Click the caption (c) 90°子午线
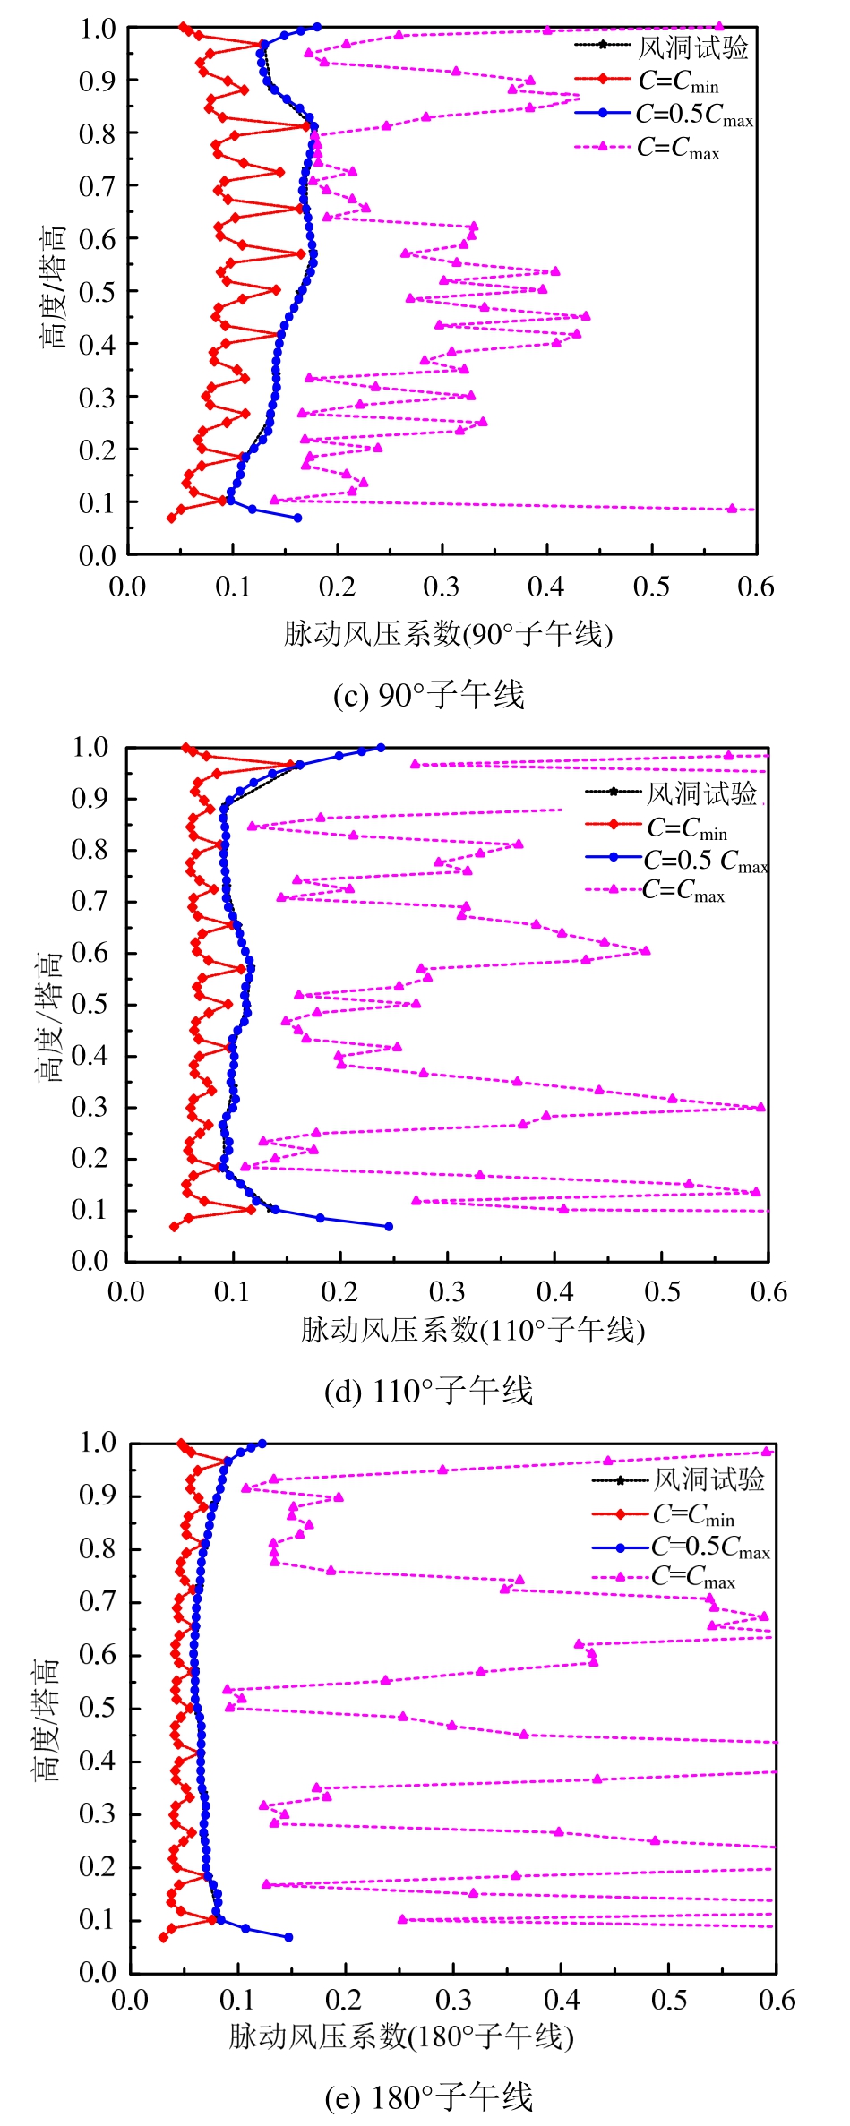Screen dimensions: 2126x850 428,695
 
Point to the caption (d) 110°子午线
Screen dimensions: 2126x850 428,1391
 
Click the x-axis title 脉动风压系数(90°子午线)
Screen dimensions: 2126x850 448,634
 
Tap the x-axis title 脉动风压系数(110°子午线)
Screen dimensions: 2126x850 472,1330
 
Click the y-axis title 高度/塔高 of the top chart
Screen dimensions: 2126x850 53,287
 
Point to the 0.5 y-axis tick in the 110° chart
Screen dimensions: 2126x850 90,1004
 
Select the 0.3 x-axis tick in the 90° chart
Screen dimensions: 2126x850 442,587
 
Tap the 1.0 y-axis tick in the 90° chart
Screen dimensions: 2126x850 97,29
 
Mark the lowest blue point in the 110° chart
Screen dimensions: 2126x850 388,1226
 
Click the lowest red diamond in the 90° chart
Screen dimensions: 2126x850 171,518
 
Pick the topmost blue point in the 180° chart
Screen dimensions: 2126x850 262,1444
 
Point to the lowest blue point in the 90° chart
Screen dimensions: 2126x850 297,518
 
